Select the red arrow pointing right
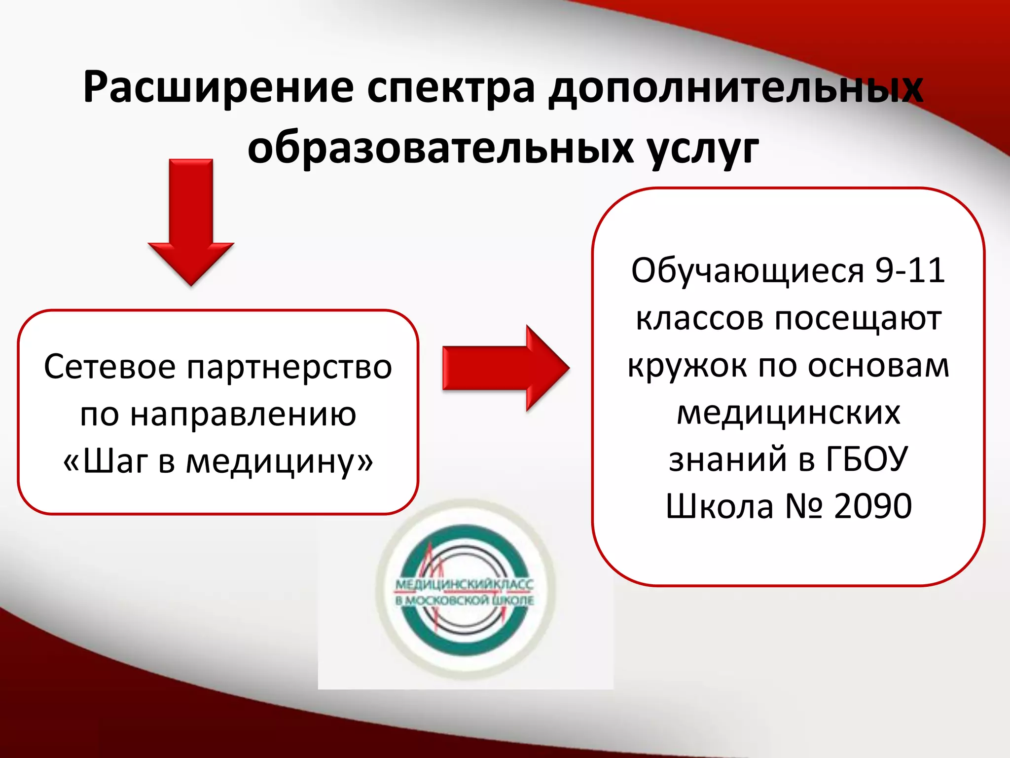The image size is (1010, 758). coord(506,368)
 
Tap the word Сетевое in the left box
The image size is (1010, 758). coord(109,367)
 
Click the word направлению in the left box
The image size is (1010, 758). coord(243,415)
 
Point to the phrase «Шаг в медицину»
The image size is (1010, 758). coord(218,462)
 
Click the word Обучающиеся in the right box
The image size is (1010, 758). coord(748,271)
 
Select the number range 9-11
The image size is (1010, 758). coord(910,270)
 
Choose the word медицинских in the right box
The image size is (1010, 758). coord(788,414)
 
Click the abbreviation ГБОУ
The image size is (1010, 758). coord(866,459)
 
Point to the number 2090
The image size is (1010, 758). coord(872,506)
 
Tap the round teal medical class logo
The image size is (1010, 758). coord(465,590)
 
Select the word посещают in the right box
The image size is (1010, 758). coord(858,319)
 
